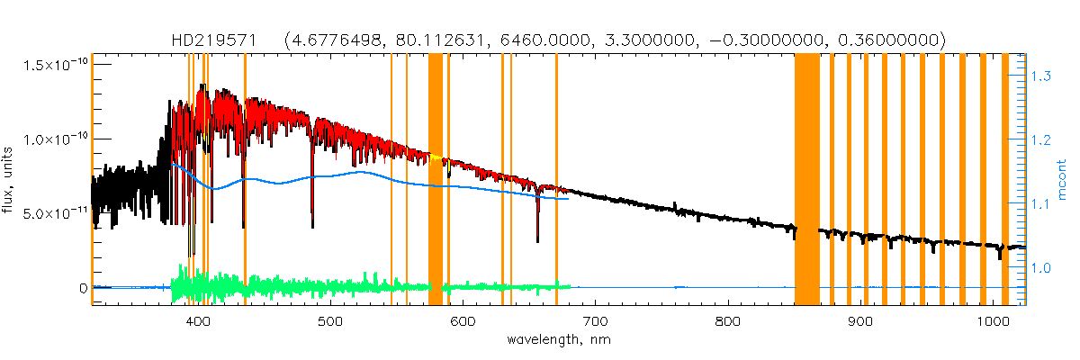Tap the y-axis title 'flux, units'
pyautogui.click(x=11, y=180)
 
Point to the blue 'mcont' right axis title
pyautogui.click(x=1064, y=180)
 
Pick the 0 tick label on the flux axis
pyautogui.click(x=83, y=289)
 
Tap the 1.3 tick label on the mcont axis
pyautogui.click(x=1041, y=77)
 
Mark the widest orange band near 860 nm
pyautogui.click(x=807, y=180)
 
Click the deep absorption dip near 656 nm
pyautogui.click(x=538, y=236)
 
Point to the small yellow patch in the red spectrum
pyautogui.click(x=436, y=159)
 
